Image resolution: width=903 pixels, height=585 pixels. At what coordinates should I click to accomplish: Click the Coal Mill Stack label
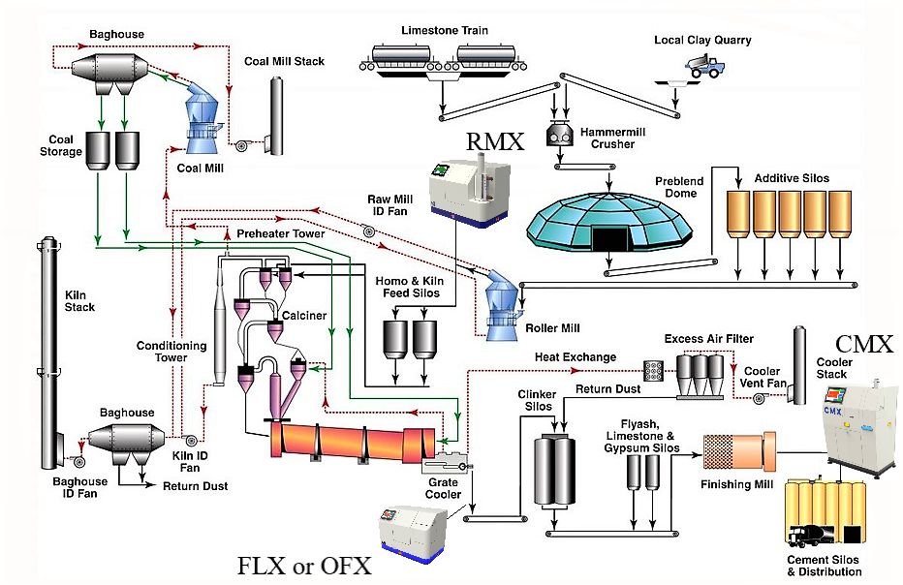pos(285,61)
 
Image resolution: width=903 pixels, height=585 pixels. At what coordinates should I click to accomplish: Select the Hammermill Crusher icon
pos(559,135)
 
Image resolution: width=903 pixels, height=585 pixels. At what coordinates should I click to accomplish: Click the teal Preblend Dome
pos(609,222)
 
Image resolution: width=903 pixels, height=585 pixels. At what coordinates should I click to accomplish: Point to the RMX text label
pos(495,141)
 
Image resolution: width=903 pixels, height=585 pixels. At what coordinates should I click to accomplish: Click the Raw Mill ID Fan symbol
pos(368,232)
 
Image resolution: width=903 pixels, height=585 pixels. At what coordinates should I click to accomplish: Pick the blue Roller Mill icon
pos(503,305)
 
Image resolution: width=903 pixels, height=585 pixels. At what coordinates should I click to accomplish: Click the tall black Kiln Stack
pos(49,353)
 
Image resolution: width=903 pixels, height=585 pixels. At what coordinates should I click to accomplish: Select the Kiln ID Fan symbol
pos(192,441)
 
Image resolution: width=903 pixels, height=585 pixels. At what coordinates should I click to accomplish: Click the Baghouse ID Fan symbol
pos(78,461)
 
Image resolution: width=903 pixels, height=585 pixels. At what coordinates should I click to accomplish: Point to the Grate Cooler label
pos(443,488)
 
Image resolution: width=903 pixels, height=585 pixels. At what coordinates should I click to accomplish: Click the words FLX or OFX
pos(304,566)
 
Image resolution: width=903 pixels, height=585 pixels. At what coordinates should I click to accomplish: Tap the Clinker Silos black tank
pos(554,470)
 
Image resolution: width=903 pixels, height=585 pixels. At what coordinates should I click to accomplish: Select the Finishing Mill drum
pos(739,451)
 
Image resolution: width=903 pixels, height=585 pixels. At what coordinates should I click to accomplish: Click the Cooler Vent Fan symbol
pos(760,397)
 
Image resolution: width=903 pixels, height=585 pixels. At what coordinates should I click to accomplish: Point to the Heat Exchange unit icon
pos(653,371)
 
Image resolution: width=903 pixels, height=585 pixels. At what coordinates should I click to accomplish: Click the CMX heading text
pos(864,345)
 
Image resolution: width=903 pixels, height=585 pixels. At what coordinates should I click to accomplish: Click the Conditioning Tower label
pos(171,352)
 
